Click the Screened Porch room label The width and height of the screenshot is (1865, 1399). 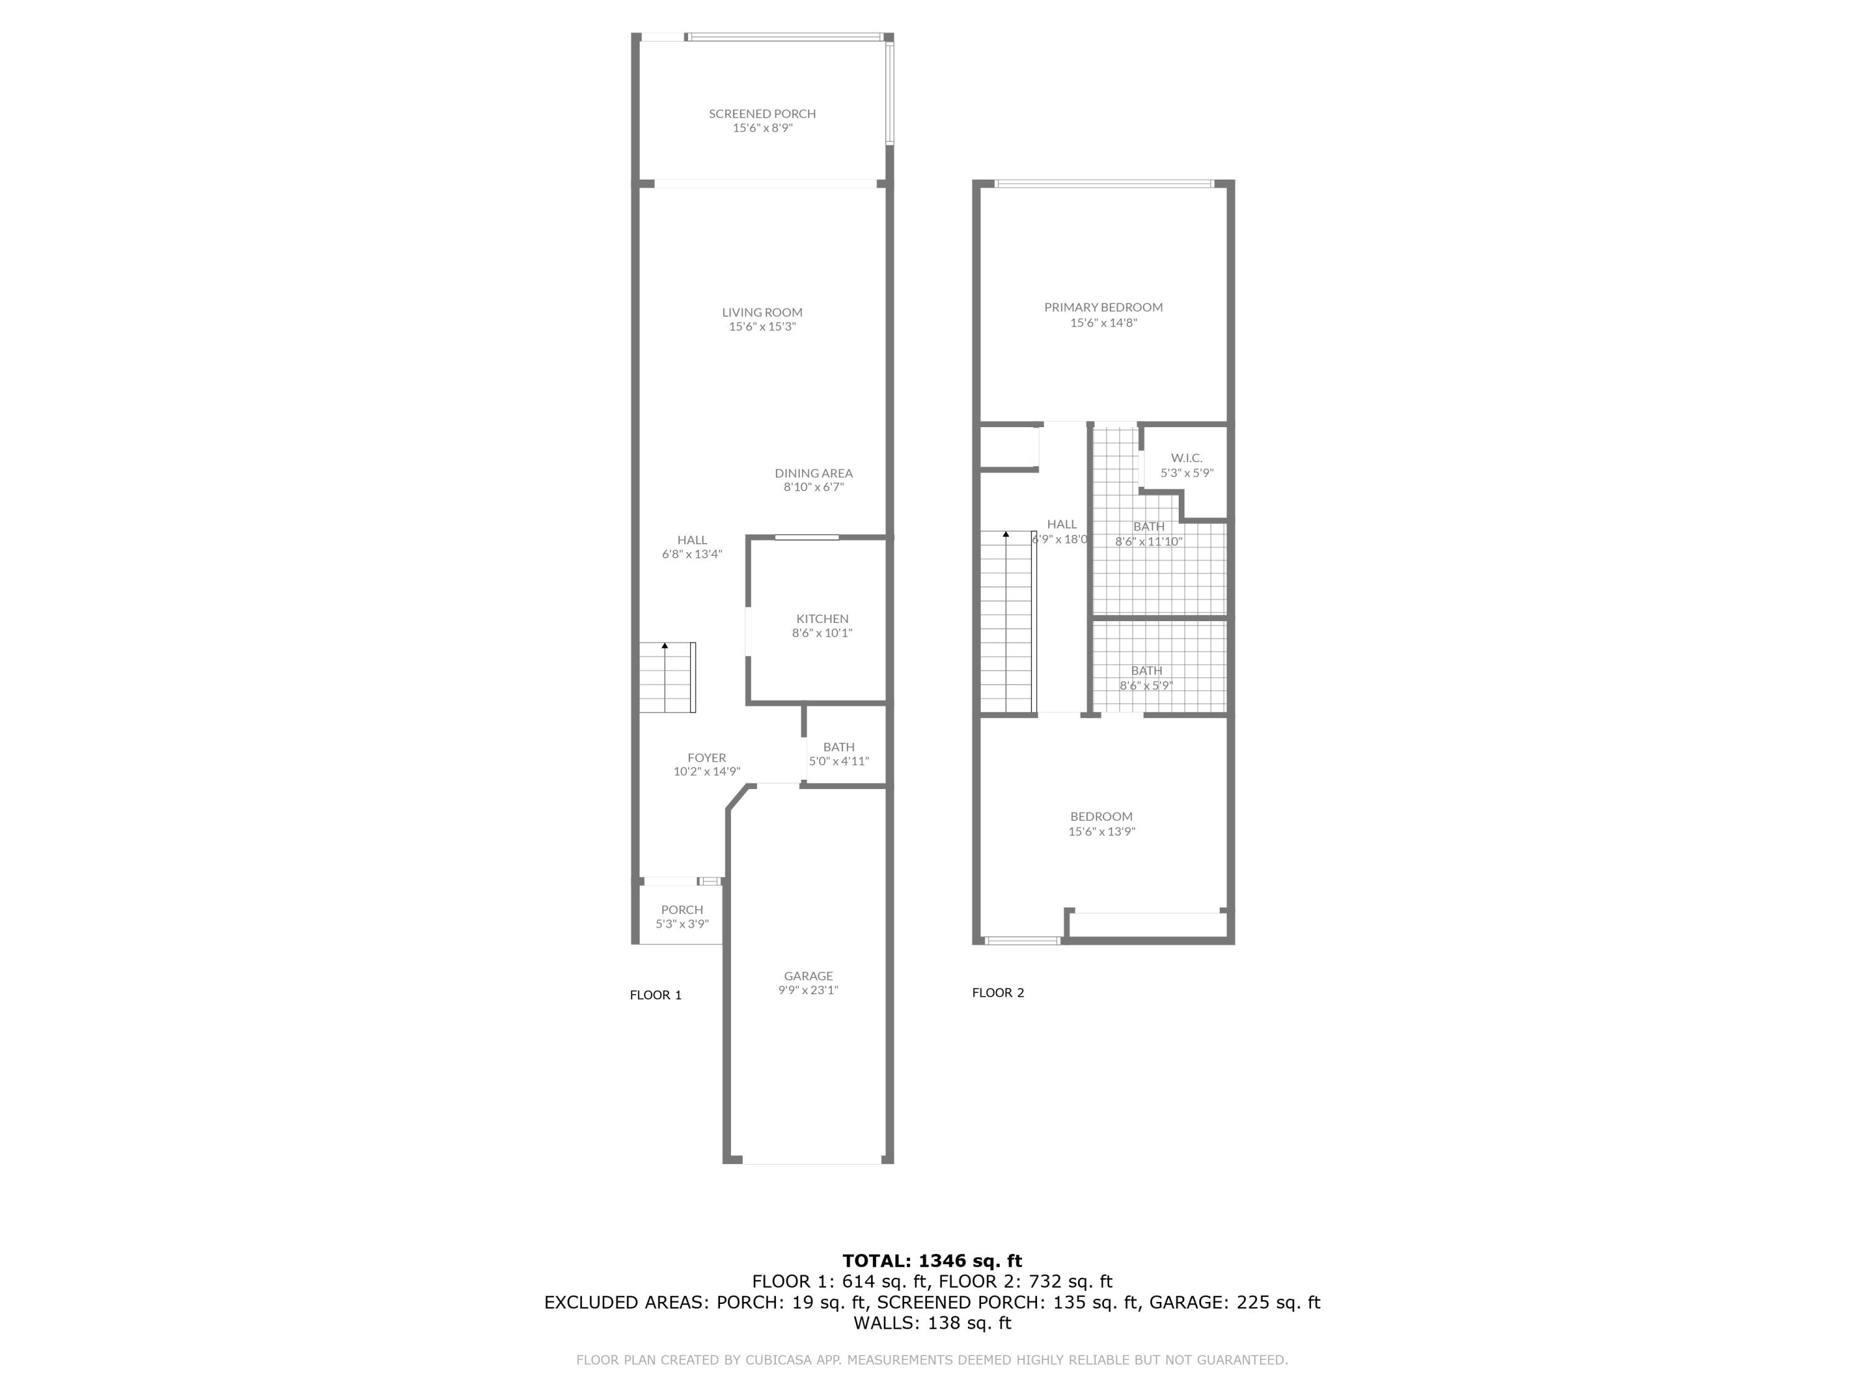click(x=762, y=114)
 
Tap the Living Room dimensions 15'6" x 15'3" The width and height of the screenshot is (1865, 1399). click(x=762, y=327)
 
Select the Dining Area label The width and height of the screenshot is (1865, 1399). click(x=814, y=473)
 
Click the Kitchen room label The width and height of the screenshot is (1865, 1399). click(x=822, y=619)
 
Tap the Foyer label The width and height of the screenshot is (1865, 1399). click(x=707, y=757)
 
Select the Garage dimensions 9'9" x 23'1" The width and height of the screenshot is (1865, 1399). click(x=808, y=990)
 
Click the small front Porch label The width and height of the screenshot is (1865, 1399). click(x=682, y=909)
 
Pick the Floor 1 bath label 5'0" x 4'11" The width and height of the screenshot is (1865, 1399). click(x=839, y=760)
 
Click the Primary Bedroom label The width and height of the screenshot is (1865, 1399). click(x=1103, y=308)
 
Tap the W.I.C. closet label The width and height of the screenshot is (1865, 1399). click(x=1186, y=458)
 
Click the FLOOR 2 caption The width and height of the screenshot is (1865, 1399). click(x=997, y=992)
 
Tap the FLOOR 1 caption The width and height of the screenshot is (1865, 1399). click(x=655, y=995)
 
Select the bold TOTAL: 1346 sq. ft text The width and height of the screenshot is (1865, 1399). click(x=932, y=1261)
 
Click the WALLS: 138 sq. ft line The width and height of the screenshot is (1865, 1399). click(x=932, y=1323)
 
